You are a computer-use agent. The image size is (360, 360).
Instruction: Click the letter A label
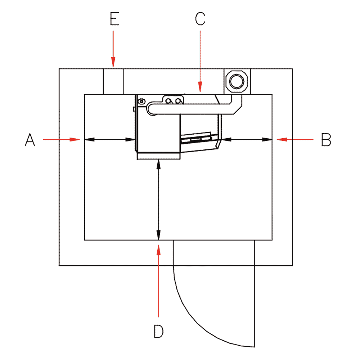coord(30,140)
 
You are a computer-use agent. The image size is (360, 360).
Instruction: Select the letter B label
coord(326,140)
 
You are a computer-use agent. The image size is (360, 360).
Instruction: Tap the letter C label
coord(200,19)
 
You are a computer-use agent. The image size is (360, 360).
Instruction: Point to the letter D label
coord(158,331)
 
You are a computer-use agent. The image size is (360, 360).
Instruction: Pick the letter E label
coord(114,19)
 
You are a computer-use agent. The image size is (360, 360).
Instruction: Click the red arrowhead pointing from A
coord(75,139)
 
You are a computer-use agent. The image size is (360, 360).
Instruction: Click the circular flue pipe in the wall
coord(237,81)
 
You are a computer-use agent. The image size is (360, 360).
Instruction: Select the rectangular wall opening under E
coord(113,81)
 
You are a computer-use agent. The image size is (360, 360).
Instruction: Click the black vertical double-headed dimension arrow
coord(158,200)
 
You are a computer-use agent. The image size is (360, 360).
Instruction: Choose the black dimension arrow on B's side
coord(247,139)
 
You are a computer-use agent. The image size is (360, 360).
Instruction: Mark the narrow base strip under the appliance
coord(158,156)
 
